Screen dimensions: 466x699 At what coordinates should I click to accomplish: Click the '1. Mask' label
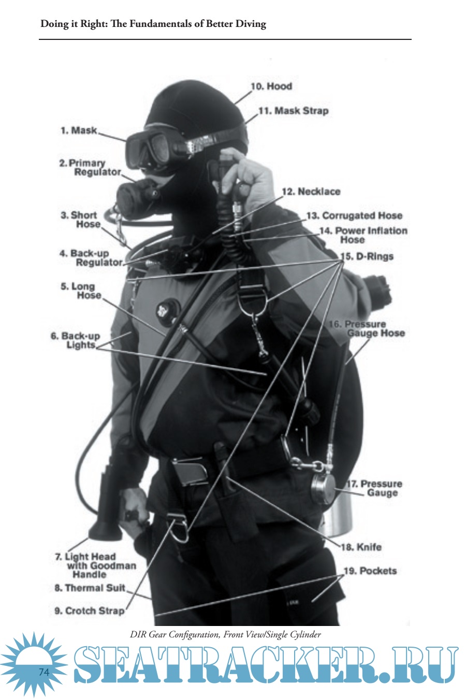79,130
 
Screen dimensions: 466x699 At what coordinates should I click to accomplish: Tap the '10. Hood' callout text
271,86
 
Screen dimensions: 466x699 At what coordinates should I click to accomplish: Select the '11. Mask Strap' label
294,111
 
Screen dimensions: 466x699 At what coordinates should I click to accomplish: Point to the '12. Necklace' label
311,192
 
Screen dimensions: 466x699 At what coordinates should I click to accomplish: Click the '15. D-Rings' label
367,256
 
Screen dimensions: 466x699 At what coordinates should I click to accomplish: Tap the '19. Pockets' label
370,571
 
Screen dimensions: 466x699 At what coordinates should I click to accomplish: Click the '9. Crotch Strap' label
90,610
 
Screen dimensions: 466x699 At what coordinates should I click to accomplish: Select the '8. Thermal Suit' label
90,588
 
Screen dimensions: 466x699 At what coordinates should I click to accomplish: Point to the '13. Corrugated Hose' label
354,215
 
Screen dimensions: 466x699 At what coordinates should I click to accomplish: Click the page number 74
44,672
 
